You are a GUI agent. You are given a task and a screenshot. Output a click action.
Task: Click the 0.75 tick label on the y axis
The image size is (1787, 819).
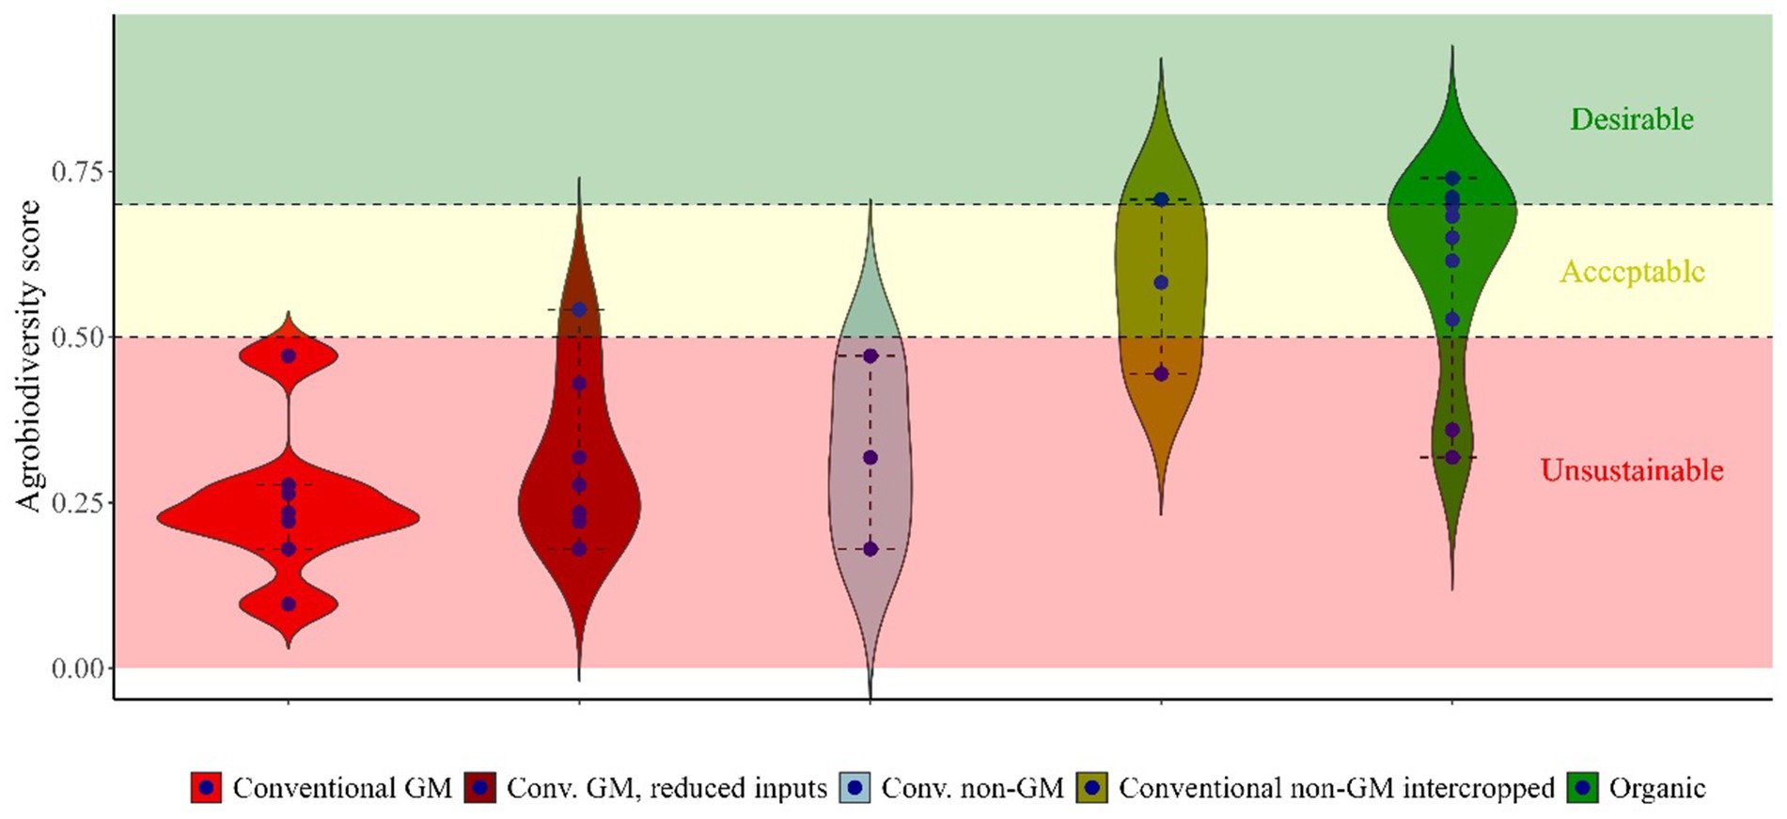[76, 171]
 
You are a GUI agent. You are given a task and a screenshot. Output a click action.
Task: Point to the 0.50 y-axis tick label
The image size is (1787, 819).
[76, 337]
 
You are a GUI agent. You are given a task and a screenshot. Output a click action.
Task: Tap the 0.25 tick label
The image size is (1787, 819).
[76, 502]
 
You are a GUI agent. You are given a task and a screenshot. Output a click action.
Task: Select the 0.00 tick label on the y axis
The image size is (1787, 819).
[76, 669]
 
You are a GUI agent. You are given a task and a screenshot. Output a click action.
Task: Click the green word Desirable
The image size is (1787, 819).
[1632, 119]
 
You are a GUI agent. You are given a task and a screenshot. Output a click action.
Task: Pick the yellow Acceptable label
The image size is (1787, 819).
[1632, 272]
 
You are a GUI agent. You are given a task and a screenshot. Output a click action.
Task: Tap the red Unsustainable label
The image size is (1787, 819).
[1632, 470]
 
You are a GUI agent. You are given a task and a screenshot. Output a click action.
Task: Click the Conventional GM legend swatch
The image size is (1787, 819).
[207, 788]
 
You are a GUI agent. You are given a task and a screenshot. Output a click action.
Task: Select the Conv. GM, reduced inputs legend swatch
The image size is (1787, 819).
[480, 788]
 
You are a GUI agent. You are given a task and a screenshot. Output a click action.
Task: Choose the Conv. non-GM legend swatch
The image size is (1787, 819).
[854, 788]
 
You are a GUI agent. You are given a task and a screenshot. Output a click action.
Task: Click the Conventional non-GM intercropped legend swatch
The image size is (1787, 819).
[1092, 788]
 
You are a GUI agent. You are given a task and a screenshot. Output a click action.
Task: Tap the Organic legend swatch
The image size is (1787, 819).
[1583, 788]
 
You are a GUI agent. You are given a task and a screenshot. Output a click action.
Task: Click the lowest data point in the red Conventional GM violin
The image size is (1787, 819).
[289, 605]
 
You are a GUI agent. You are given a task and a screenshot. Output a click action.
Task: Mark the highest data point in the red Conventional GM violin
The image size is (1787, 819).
[289, 356]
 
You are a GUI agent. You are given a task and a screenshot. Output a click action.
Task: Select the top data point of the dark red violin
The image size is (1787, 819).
[579, 309]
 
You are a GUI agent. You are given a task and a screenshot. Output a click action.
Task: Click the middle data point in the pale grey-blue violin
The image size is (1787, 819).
[870, 458]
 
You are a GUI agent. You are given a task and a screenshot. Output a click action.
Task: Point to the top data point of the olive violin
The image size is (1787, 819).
[1161, 199]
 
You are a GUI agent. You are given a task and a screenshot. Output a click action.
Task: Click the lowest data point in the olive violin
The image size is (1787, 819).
[1161, 374]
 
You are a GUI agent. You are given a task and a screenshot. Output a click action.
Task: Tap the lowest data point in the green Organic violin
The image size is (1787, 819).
[1452, 458]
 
